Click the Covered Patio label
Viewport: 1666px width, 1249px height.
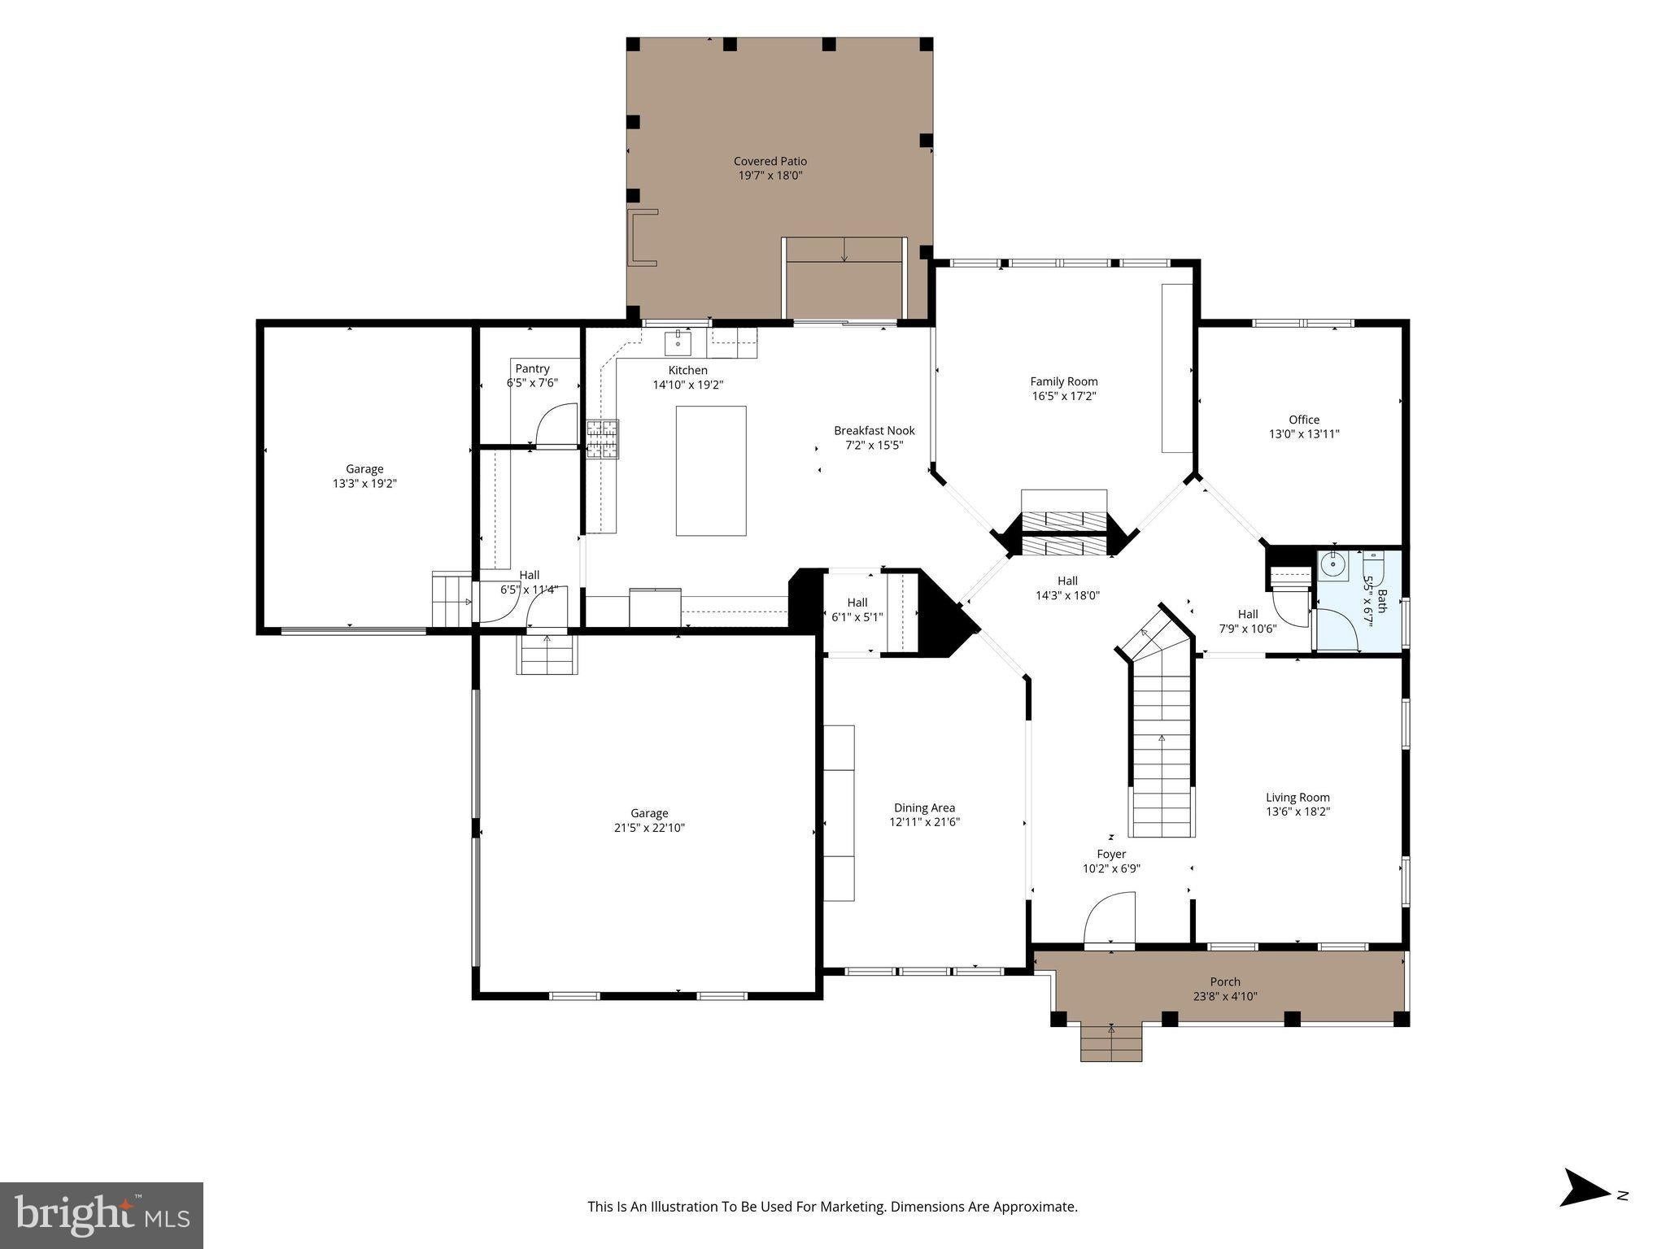pos(770,162)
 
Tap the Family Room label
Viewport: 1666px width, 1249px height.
pos(1064,381)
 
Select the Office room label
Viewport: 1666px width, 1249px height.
pos(1304,420)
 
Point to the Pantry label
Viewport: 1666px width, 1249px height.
pos(532,369)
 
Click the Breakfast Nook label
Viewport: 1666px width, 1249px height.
pos(874,431)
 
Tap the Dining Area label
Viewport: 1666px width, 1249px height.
pos(924,807)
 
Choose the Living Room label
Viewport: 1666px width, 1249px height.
pos(1297,798)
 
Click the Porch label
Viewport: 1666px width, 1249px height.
pos(1225,981)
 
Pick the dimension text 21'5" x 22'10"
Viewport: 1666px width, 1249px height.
pos(649,828)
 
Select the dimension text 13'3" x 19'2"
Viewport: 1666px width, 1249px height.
pos(364,483)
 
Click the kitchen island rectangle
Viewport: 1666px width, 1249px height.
pos(711,471)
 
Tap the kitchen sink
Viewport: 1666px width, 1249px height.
pos(678,343)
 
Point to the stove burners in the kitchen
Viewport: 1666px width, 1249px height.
pos(603,439)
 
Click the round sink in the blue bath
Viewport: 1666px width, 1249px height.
pos(1332,564)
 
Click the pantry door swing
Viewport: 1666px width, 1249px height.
pos(556,424)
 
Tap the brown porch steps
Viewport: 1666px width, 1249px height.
pos(1111,1042)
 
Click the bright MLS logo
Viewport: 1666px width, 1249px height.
pos(102,1216)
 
